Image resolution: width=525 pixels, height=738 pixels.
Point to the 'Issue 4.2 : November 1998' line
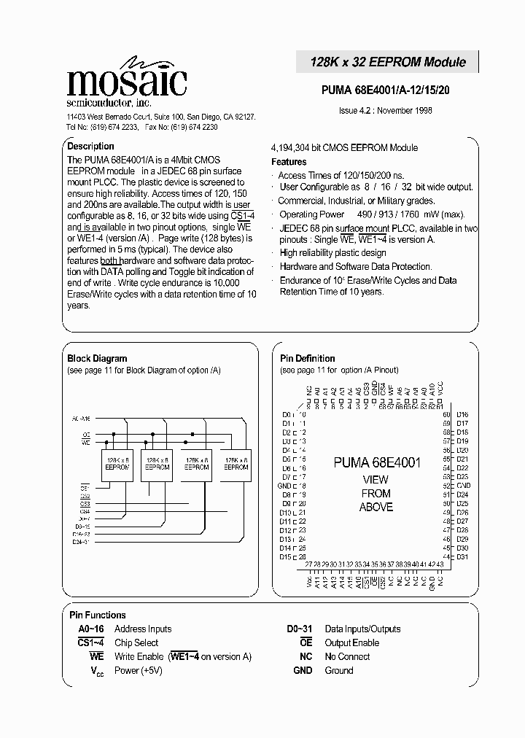pos(386,111)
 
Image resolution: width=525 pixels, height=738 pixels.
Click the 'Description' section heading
pos(90,147)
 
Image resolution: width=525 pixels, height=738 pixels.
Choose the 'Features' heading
pos(289,162)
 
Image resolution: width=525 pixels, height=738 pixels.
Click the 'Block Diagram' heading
pos(97,359)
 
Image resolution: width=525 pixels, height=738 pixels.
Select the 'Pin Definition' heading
pos(307,359)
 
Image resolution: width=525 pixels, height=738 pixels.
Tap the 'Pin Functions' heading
pos(97,615)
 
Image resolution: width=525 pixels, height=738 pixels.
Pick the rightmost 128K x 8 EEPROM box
pos(236,464)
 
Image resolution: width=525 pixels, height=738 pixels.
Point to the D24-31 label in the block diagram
pos(80,541)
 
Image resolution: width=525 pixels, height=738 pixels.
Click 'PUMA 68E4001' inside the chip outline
pos(377,462)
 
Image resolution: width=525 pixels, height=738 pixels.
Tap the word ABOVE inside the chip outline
pos(376,508)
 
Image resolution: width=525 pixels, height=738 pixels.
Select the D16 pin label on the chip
pos(462,414)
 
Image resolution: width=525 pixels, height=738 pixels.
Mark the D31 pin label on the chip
pos(462,557)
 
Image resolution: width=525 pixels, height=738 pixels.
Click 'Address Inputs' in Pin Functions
pos(143,629)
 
